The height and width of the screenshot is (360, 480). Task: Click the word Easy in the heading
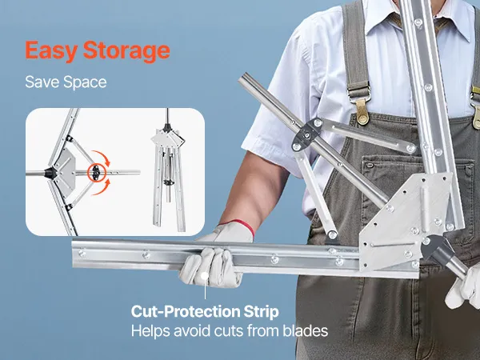pyautogui.click(x=50, y=51)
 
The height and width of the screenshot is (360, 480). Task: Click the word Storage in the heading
pyautogui.click(x=126, y=51)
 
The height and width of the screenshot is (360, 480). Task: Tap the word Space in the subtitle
pyautogui.click(x=85, y=82)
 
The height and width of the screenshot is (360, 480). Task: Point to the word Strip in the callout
pyautogui.click(x=261, y=312)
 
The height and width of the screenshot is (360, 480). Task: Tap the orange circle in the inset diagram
pyautogui.click(x=96, y=173)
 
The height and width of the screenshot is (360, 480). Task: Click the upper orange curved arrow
pyautogui.click(x=102, y=158)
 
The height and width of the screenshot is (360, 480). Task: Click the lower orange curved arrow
pyautogui.click(x=102, y=188)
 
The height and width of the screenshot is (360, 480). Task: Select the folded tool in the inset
pyautogui.click(x=168, y=171)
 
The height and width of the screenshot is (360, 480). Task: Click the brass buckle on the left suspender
pyautogui.click(x=362, y=112)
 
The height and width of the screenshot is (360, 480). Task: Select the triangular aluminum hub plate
pyautogui.click(x=404, y=222)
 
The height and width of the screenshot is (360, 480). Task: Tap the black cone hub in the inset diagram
pyautogui.click(x=50, y=173)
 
